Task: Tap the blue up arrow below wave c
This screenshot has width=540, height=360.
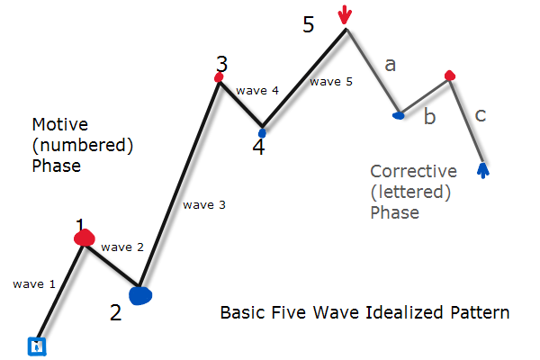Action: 483,170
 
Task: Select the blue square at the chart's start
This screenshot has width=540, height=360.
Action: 37,346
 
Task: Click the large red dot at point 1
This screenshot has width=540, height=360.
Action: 85,238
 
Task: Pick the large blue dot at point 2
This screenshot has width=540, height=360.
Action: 140,295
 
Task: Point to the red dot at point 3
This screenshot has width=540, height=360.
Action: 219,77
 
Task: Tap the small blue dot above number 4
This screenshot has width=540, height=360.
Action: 263,133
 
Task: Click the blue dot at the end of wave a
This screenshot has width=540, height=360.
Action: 399,115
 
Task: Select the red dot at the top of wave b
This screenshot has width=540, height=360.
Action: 450,75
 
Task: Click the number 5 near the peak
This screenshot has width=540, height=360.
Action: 309,24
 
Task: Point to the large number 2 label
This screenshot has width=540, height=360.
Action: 116,313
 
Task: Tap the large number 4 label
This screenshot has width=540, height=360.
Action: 258,147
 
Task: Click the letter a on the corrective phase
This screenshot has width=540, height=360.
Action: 391,65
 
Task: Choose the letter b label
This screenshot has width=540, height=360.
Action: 430,116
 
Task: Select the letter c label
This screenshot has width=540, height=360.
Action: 481,115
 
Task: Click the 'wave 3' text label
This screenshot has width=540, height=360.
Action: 204,205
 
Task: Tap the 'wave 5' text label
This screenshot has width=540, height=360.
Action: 331,82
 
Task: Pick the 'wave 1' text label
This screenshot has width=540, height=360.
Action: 34,284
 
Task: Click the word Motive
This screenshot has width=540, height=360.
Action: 60,124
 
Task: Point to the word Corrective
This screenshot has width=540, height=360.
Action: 414,171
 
